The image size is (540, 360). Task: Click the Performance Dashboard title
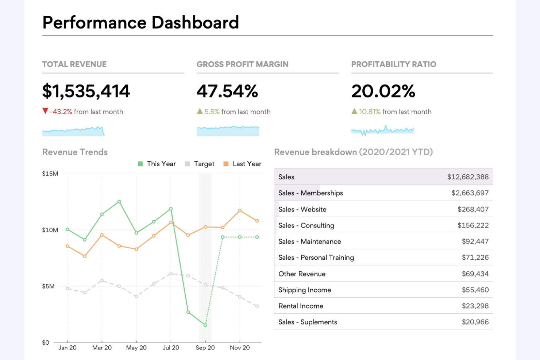[x=140, y=23]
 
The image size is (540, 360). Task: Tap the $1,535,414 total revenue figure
[x=86, y=91]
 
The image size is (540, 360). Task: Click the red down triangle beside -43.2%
[x=45, y=111]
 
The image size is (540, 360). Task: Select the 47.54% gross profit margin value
[x=227, y=91]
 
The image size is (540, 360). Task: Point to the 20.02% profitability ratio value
[x=383, y=91]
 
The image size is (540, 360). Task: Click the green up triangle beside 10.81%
[x=354, y=111]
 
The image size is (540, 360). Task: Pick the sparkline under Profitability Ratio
[x=382, y=130]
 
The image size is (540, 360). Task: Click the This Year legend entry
[x=157, y=164]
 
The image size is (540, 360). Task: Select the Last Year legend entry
[x=243, y=164]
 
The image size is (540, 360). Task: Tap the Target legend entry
[x=200, y=164]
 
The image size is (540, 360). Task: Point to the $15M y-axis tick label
[x=50, y=174]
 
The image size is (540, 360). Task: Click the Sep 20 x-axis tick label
[x=205, y=348]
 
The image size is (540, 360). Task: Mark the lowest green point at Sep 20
[x=205, y=325]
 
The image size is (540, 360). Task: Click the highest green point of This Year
[x=119, y=202]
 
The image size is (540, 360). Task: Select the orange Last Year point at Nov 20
[x=240, y=211]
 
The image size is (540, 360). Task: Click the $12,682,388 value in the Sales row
[x=468, y=177]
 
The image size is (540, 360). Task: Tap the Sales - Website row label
[x=302, y=209]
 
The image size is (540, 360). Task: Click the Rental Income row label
[x=301, y=306]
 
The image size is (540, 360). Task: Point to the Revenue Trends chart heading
[x=75, y=152]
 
